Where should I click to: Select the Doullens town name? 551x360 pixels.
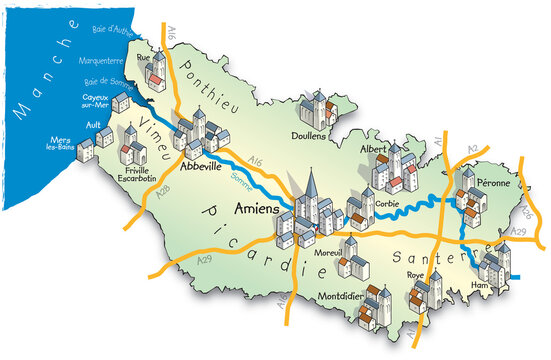coord(323,136)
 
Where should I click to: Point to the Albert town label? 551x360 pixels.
coord(372,149)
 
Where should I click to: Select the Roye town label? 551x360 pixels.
coord(415,274)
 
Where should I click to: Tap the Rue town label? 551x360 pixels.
coord(142,58)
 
